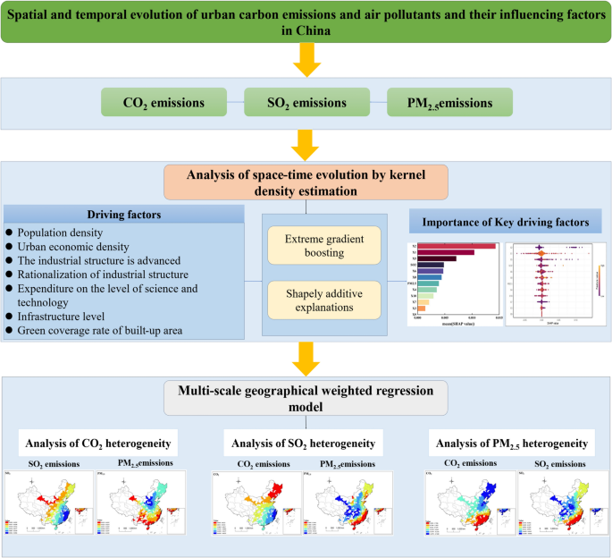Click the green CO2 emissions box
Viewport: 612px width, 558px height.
(164, 103)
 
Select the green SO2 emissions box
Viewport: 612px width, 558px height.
(306, 103)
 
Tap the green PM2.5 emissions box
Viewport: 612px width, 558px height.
(449, 103)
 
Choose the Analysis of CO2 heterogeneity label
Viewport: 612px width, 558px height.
(97, 444)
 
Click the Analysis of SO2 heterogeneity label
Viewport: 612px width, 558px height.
(303, 444)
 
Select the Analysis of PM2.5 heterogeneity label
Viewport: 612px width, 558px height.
(508, 444)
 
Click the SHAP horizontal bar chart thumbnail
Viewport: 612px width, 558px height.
(453, 281)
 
